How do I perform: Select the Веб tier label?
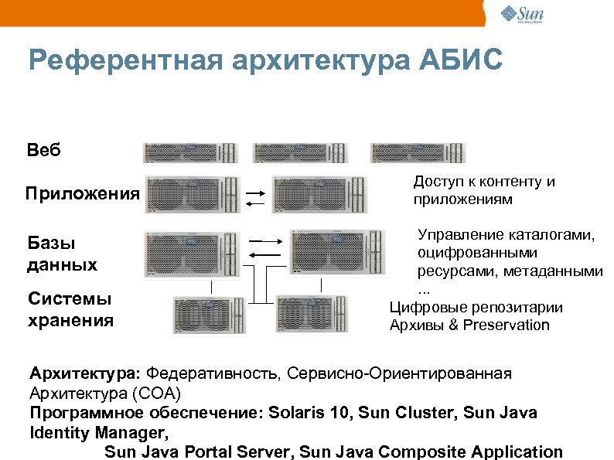tap(43, 149)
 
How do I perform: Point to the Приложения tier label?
tap(82, 193)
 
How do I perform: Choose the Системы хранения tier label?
tap(70, 308)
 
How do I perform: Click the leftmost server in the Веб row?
tap(189, 152)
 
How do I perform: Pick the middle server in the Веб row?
tap(303, 152)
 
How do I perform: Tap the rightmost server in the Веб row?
tap(418, 152)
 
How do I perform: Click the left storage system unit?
tap(208, 315)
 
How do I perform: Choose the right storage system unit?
tap(321, 315)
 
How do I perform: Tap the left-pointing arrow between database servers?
tap(265, 254)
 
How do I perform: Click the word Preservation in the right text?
tap(507, 325)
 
